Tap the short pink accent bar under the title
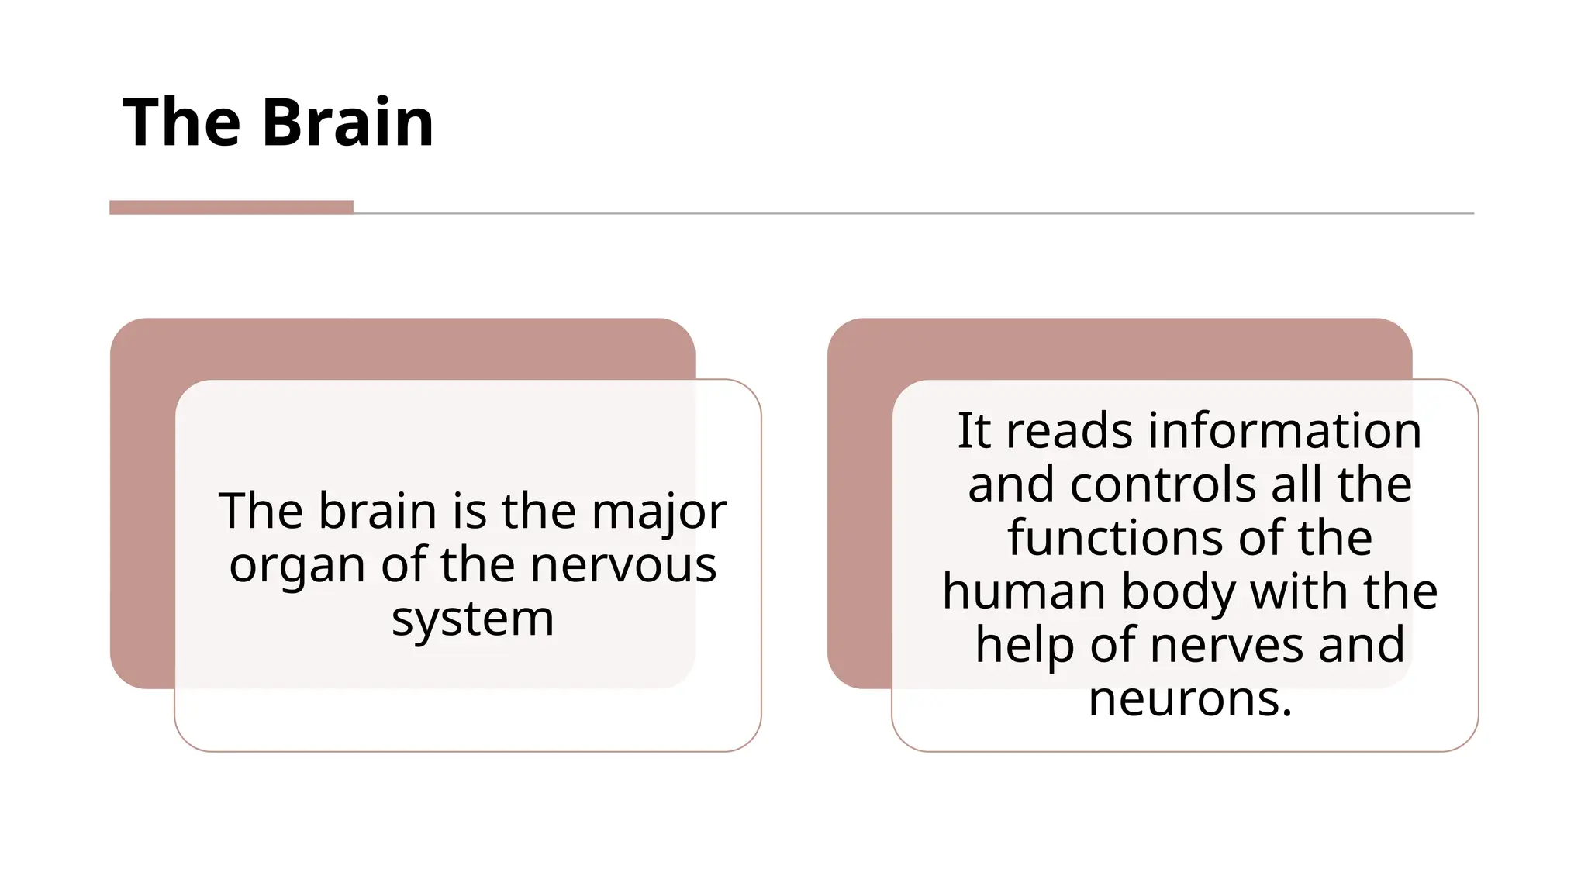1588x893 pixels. pyautogui.click(x=231, y=207)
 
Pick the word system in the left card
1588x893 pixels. pyautogui.click(x=472, y=619)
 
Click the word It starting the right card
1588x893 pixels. pyautogui.click(x=974, y=431)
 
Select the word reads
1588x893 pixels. pyautogui.click(x=1069, y=431)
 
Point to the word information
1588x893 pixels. pyautogui.click(x=1284, y=431)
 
